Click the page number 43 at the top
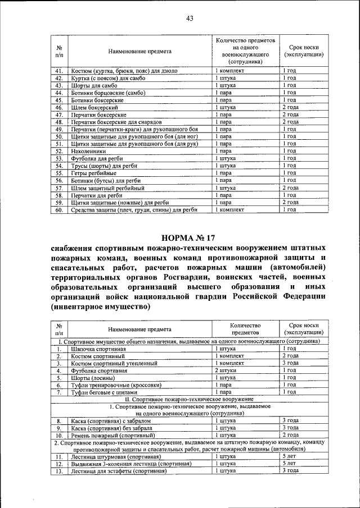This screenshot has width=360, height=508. pos(190,19)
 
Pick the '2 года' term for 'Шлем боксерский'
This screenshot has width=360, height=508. pos(290,107)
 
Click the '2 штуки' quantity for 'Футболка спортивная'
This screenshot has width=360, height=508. pos(228,370)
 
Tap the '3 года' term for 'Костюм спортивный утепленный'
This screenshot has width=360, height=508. pos(290,363)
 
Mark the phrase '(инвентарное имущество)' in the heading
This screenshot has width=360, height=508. pos(101,307)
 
